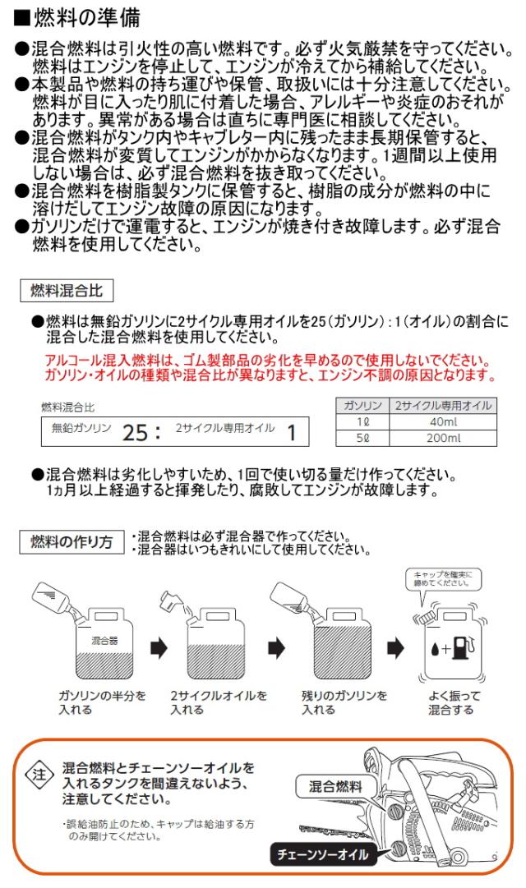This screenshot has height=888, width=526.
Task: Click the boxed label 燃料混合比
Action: pyautogui.click(x=66, y=291)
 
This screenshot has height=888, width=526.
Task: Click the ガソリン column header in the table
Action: pyautogui.click(x=362, y=406)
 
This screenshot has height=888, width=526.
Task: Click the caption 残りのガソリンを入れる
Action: pyautogui.click(x=344, y=702)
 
